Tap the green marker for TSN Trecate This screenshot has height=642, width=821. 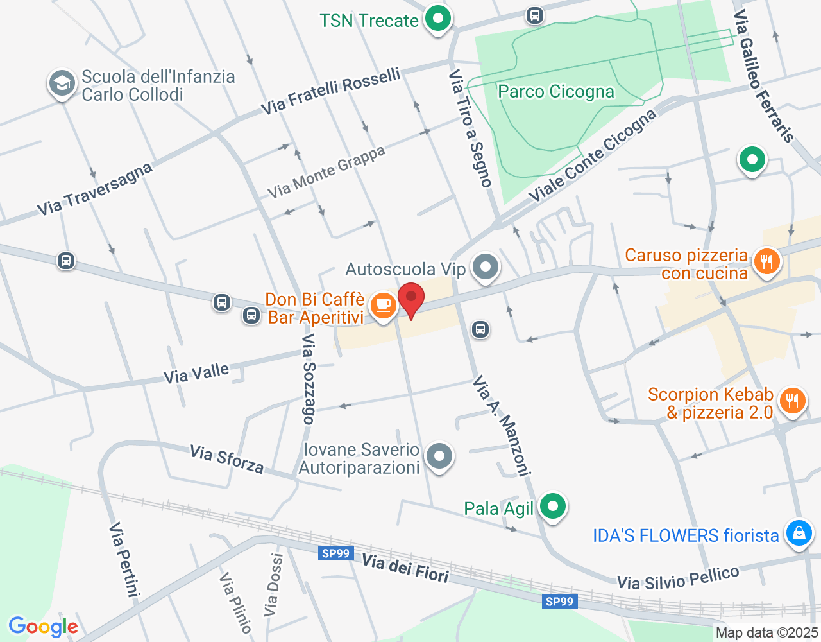pos(438,19)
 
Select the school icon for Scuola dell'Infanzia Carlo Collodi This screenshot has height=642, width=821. pos(62,83)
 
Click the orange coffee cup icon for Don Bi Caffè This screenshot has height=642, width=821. pos(384,305)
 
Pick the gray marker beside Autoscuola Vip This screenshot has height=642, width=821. pos(486,266)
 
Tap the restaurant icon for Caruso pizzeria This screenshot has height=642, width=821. pos(766,261)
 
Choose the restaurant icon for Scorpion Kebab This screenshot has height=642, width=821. pos(793,401)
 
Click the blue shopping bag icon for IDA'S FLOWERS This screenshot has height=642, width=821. pos(799,533)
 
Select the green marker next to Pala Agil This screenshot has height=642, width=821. pos(552,507)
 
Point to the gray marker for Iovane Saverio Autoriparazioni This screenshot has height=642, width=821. pos(439,456)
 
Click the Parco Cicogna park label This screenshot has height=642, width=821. pos(555,92)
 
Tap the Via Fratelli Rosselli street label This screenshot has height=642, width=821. pos(331,92)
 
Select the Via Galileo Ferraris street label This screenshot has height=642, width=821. pos(763,76)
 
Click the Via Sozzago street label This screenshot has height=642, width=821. pos(309,379)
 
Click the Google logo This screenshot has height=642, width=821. pos(43,627)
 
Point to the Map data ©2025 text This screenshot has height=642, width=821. pos(766,633)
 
